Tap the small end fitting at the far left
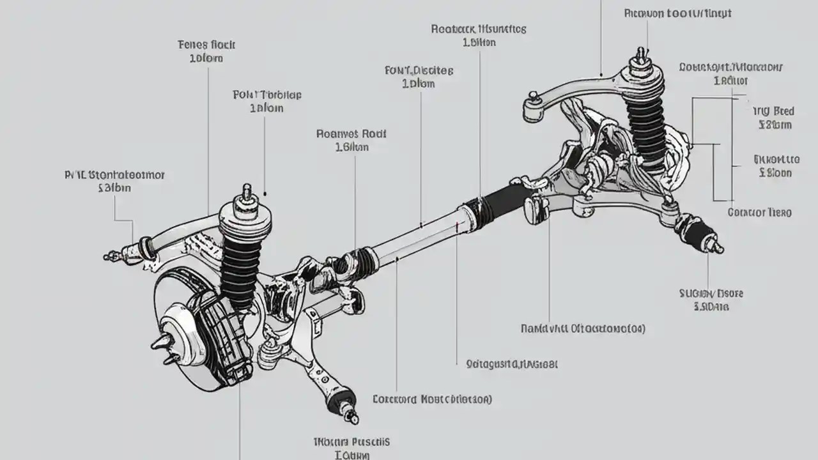[x=112, y=256]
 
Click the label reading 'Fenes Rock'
[x=206, y=45]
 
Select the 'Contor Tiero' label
[x=759, y=213]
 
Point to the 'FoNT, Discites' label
[x=419, y=70]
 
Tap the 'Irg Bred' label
[x=774, y=111]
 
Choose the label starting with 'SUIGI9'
[x=711, y=294]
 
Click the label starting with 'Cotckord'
[x=432, y=400]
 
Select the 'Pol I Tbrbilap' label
[x=266, y=95]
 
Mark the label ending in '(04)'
[x=582, y=329]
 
